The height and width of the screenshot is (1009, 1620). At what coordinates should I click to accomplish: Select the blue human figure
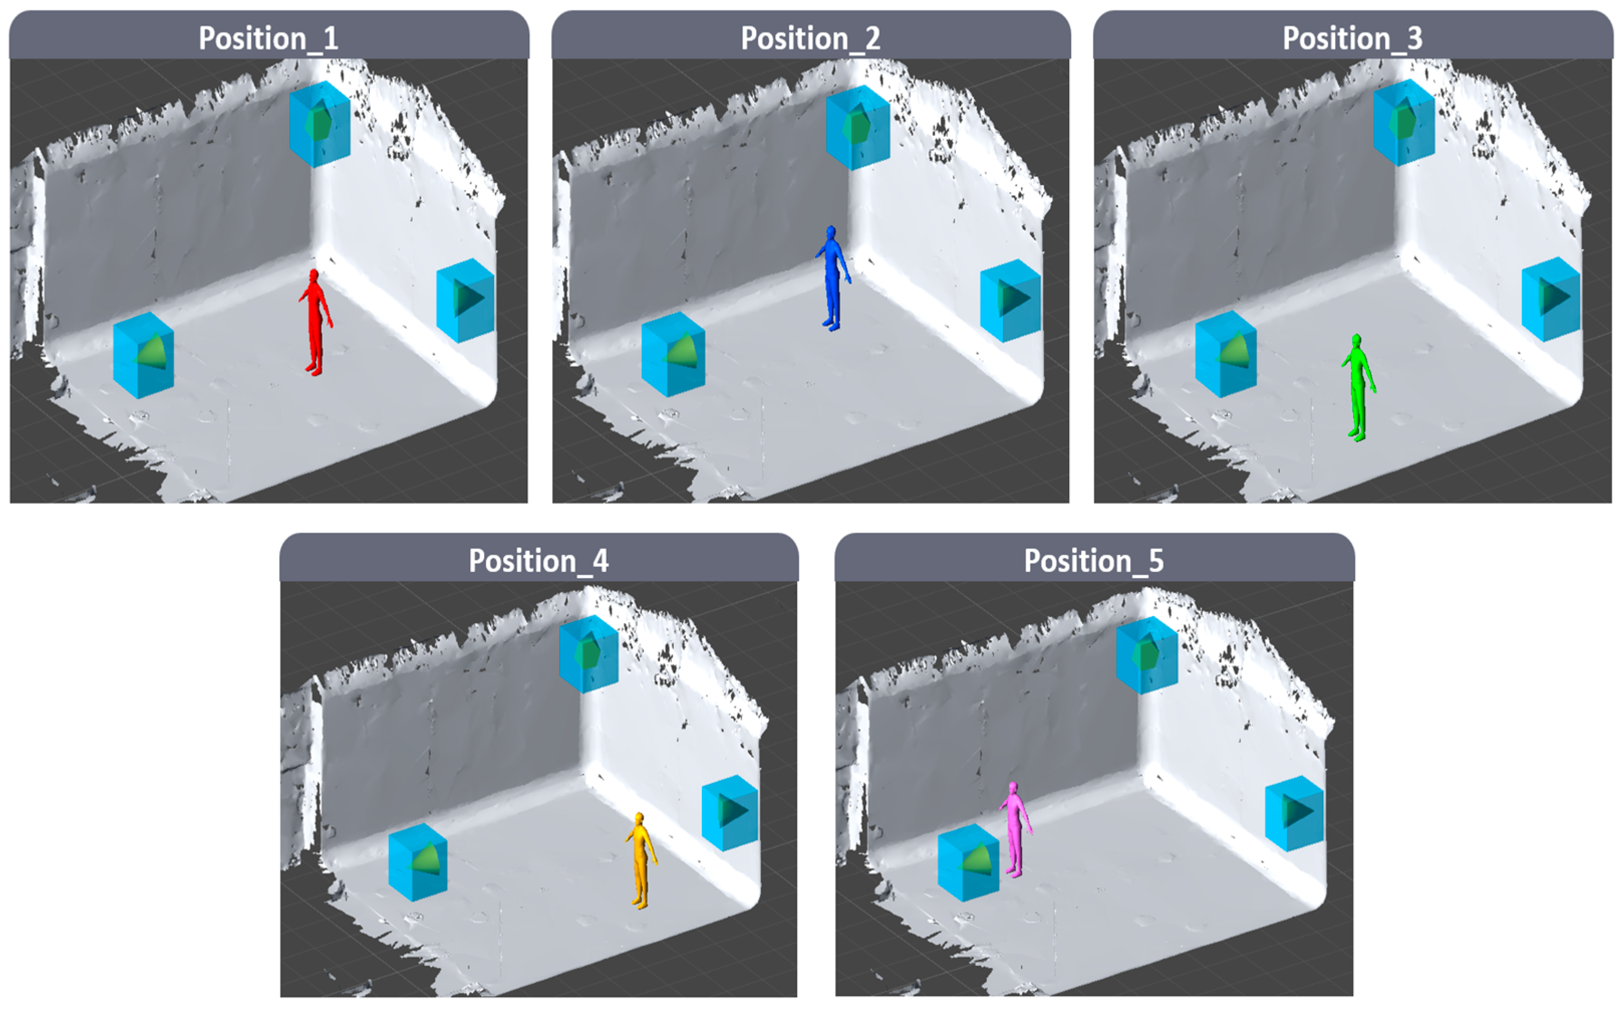(832, 277)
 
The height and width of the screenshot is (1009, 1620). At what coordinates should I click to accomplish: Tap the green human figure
(1358, 387)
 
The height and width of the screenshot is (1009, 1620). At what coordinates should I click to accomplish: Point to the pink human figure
(1015, 829)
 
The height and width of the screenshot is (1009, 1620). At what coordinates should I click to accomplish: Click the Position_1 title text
(269, 38)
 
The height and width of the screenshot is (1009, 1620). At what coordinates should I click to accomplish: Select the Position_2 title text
(811, 38)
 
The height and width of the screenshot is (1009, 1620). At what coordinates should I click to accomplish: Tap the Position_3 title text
(1353, 38)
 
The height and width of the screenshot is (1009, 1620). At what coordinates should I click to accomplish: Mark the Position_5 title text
(1094, 560)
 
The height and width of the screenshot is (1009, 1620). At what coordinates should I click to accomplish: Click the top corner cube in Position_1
(320, 124)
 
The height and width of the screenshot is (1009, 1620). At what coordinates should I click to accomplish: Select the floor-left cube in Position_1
(143, 355)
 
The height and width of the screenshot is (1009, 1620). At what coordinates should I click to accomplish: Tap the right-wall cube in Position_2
(1010, 301)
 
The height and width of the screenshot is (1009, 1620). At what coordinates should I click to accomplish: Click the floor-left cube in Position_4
(418, 862)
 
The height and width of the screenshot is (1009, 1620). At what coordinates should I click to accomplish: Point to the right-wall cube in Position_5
(1294, 813)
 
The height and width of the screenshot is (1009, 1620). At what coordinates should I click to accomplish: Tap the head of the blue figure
(831, 232)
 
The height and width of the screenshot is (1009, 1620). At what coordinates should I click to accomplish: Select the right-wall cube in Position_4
(730, 812)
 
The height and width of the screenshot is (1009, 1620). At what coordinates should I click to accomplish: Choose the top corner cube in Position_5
(1147, 655)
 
